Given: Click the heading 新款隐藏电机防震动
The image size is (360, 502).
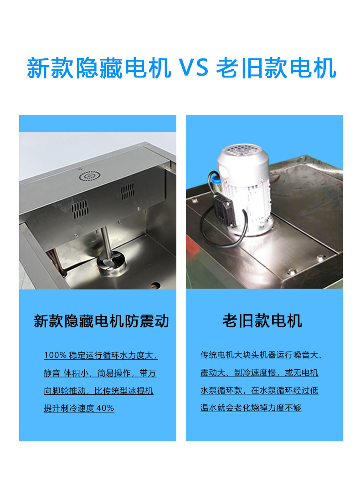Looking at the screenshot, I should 101,321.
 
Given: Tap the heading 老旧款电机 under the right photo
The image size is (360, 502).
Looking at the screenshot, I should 262,321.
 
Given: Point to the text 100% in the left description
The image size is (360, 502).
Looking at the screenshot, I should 55,355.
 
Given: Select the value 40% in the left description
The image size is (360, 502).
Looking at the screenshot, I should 105,408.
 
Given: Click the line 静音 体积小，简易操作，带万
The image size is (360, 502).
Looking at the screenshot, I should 100,373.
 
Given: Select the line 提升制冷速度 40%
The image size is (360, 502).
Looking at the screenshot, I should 79,408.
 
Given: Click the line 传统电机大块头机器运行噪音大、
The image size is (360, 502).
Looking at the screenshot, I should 262,355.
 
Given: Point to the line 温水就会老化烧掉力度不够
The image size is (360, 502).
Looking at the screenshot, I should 251,408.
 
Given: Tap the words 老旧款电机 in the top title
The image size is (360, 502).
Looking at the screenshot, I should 276,68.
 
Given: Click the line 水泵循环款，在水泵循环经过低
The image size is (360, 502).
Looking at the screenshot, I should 259,391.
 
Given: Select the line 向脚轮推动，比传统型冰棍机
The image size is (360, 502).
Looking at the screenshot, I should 98,391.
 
